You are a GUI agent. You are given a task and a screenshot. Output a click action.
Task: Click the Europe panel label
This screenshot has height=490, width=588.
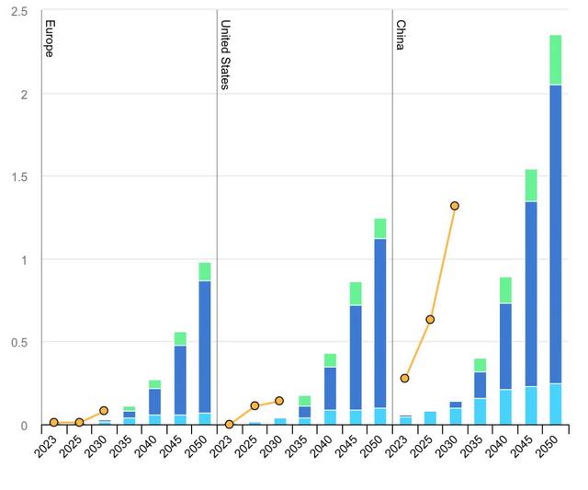click(50, 39)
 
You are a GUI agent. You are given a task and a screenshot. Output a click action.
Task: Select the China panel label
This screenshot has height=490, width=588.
click(401, 35)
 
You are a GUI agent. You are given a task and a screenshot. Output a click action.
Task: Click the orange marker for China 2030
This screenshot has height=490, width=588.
click(455, 206)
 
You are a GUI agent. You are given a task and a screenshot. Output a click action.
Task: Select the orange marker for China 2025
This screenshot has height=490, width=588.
click(430, 319)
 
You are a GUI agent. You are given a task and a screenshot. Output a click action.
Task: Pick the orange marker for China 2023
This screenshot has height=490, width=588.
click(404, 378)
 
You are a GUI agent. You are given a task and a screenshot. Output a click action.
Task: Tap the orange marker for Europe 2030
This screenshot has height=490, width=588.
click(104, 411)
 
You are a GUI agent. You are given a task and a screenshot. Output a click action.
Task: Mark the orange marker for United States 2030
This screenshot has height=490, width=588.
click(279, 401)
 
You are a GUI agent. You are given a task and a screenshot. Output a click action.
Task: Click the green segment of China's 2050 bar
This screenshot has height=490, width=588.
click(556, 60)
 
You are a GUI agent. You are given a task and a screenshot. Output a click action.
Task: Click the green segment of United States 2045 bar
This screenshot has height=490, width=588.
click(355, 293)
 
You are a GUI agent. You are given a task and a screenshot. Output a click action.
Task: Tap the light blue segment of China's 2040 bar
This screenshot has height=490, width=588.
click(505, 407)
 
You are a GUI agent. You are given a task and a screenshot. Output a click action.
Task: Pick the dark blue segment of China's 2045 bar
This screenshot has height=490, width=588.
click(530, 294)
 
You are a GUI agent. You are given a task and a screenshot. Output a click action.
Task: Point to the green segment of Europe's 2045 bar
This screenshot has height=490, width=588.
click(180, 338)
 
